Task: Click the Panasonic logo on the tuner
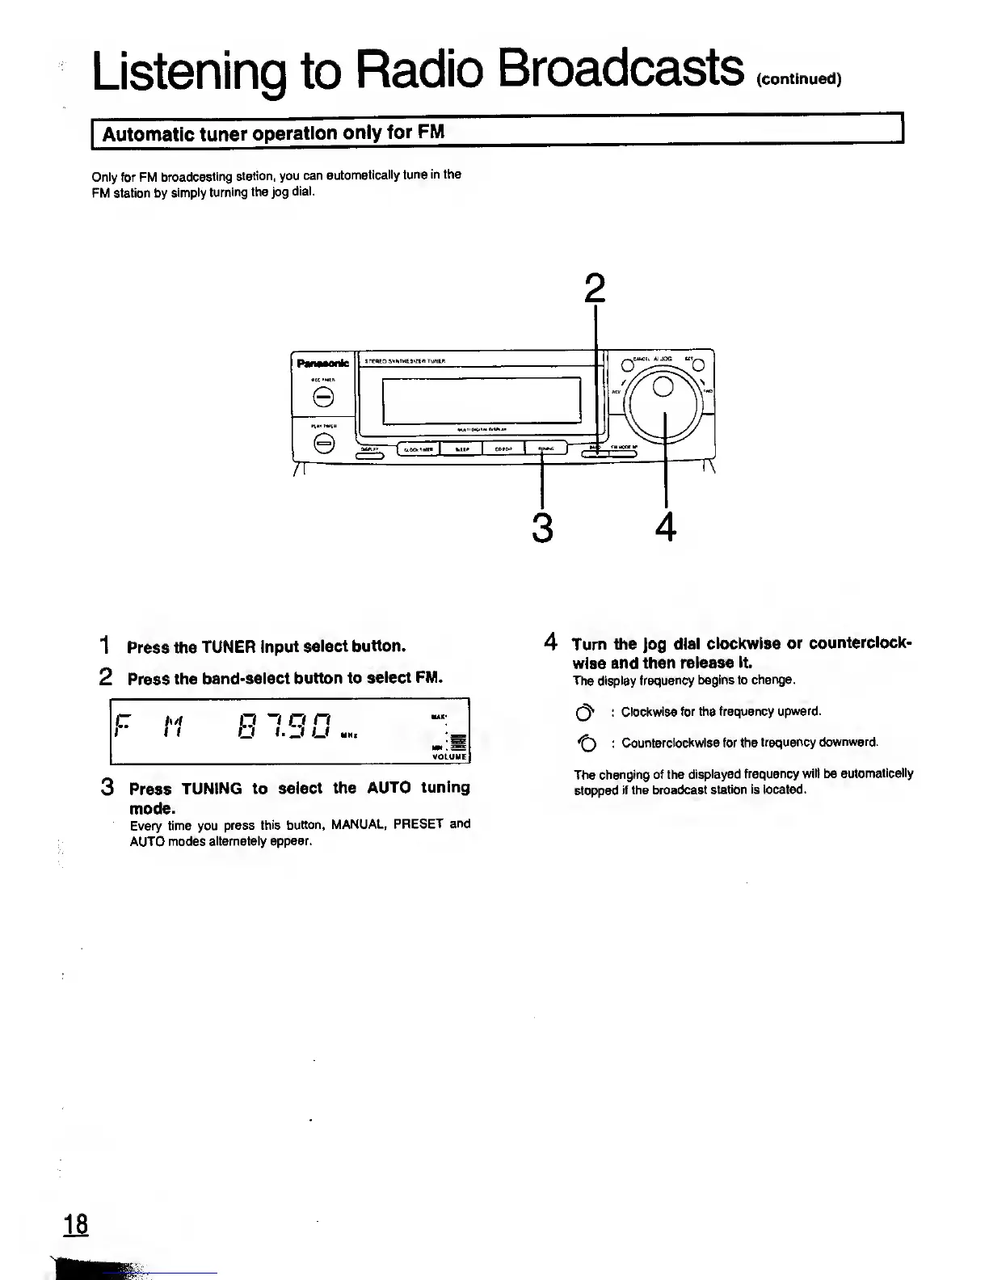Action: (322, 363)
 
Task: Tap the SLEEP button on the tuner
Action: (461, 450)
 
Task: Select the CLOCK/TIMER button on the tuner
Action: (418, 450)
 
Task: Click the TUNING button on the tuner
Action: (546, 449)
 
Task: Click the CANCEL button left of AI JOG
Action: (625, 363)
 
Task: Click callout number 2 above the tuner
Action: (594, 288)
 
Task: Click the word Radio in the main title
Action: (419, 67)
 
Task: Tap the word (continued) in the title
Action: (800, 79)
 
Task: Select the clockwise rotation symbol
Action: (585, 713)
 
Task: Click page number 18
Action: (76, 1224)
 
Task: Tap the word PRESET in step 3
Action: (419, 824)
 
